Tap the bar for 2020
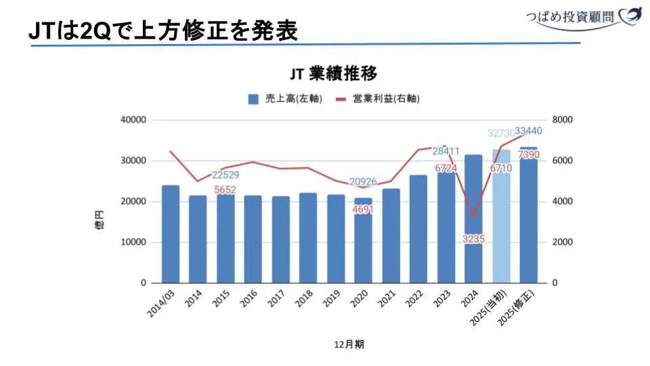pos(364,244)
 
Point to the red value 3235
pos(474,239)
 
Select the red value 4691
pos(364,209)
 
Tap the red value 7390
pos(529,155)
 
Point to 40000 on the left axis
pos(133,120)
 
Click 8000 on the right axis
pos(564,120)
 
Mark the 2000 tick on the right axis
pos(564,242)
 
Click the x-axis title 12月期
pos(349,344)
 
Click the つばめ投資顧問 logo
pos(583,18)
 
